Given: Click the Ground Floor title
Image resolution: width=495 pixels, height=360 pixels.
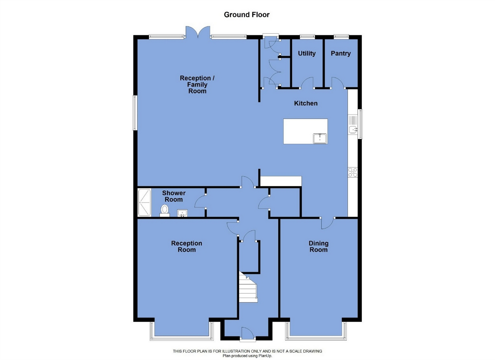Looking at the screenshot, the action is point(247,15).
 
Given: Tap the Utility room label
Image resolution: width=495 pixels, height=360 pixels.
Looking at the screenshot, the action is point(307,53).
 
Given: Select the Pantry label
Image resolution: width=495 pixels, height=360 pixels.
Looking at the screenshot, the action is point(341,53).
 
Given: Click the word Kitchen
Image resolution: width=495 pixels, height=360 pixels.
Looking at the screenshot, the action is point(306,103).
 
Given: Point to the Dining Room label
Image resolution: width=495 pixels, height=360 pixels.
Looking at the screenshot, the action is point(318,246).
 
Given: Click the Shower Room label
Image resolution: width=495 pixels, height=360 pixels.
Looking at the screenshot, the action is point(174,196).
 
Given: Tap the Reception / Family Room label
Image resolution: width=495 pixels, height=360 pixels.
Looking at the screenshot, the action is point(197,84).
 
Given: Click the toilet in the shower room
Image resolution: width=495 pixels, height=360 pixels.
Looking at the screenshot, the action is point(165,210).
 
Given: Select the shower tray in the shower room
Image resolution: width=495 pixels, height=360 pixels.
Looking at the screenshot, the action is point(144,203).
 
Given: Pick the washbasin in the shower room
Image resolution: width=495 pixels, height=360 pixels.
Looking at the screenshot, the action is point(182,213).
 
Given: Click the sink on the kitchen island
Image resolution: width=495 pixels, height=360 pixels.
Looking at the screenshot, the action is point(320,138).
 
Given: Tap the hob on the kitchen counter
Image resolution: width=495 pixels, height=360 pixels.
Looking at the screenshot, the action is point(353,172).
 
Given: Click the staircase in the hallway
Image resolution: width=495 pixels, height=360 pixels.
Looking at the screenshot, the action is point(248,287).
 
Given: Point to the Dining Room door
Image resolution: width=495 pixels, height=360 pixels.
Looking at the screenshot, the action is point(327,223).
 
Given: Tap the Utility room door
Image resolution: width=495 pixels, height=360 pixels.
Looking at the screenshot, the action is point(307,83).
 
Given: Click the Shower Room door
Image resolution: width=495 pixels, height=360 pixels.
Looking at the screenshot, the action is point(200,201).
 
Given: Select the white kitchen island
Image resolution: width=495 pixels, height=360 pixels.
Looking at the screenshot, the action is point(305,131).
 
